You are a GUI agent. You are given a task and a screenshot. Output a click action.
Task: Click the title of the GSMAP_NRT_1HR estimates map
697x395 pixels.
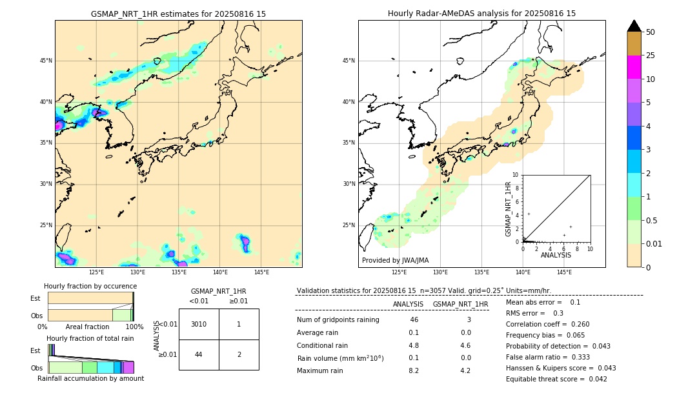tap(178, 14)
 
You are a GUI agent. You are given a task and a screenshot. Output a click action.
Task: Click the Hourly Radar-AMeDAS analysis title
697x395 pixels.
tap(481, 14)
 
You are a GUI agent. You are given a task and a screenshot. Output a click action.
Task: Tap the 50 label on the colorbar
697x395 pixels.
tap(651, 32)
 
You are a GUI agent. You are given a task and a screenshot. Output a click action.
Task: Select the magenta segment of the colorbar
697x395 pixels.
tap(634, 67)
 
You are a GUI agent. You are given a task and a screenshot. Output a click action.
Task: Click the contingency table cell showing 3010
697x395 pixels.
tap(199, 324)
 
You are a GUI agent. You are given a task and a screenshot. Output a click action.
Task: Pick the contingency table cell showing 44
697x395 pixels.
tap(199, 354)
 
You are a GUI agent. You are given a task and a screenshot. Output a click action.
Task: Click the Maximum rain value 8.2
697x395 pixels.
tap(414, 370)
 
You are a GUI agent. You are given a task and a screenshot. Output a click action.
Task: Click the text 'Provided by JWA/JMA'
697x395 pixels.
tap(395, 261)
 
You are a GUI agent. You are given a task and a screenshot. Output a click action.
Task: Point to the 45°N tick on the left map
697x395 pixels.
tap(46, 61)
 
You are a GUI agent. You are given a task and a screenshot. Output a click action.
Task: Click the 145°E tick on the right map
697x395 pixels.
tap(564, 272)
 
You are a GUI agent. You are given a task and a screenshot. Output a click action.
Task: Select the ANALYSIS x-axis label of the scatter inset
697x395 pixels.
tap(556, 255)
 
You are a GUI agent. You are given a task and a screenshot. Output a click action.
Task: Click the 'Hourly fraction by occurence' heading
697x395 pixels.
tap(90, 286)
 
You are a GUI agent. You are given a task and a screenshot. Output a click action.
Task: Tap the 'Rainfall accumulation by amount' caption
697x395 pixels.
tap(90, 378)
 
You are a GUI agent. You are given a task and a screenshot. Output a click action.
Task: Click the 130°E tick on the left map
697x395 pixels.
tap(137, 272)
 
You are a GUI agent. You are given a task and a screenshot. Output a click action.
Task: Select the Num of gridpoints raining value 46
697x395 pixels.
tap(414, 320)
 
